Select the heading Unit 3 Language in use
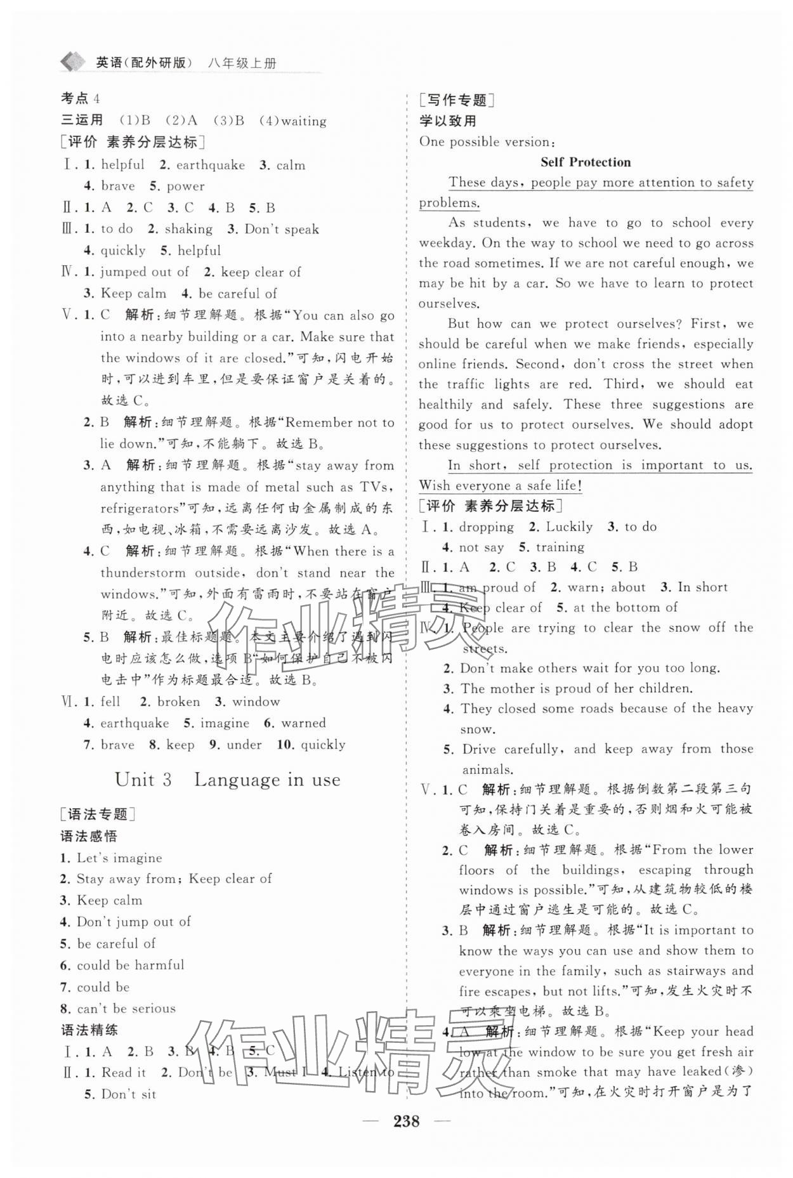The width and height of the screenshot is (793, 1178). [227, 780]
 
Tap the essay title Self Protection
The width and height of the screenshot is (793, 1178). [585, 162]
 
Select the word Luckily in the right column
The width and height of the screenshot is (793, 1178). [569, 527]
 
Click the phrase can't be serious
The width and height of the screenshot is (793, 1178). [126, 1008]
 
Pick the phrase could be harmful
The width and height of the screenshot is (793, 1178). [130, 965]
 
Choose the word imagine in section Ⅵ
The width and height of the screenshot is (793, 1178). [225, 723]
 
